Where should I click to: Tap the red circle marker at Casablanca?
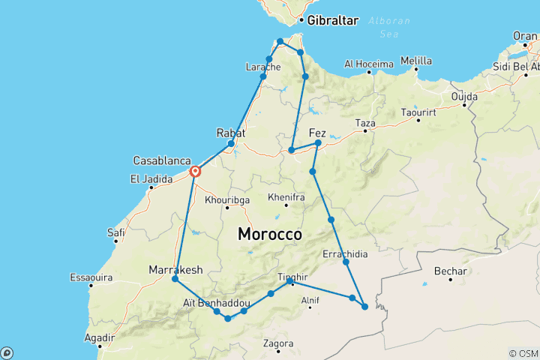tap(195, 172)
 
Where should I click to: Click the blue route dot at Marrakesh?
tap(175, 279)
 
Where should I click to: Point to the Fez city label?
tap(318, 133)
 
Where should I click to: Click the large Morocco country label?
tap(270, 235)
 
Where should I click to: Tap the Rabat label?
tap(231, 132)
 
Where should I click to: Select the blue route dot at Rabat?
tap(231, 143)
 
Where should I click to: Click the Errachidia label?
tap(346, 254)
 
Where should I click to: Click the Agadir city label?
tap(100, 338)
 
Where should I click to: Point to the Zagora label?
tap(278, 344)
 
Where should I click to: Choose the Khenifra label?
tap(286, 197)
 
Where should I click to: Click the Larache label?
tap(262, 67)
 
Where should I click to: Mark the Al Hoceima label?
tap(369, 64)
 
